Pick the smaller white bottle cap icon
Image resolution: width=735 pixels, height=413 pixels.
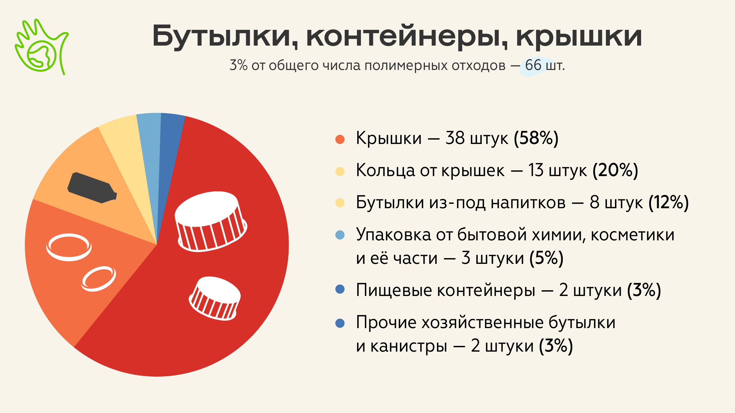coord(215,298)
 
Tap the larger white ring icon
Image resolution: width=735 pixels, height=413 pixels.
coord(69,247)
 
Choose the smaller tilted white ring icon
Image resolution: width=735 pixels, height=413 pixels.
coord(98,279)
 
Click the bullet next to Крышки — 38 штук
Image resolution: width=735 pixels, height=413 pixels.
coord(340,139)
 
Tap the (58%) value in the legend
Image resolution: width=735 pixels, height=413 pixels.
coord(536,138)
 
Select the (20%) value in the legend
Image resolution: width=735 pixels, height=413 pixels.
coord(615,170)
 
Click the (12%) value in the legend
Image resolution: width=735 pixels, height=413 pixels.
coord(669,202)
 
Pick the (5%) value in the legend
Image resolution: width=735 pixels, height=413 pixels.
coord(546,258)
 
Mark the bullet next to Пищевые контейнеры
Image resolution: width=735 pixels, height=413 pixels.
coord(340,289)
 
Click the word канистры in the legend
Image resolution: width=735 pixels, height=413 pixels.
coord(409,346)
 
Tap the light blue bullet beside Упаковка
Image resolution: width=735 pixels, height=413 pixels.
coord(340,235)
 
